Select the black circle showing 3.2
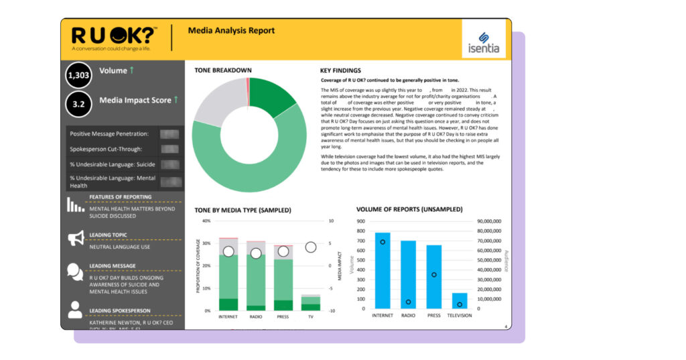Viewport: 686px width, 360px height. pos(78,105)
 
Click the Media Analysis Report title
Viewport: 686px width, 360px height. pos(231,31)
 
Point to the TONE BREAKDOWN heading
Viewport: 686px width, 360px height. pos(223,70)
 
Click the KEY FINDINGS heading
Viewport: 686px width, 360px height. pos(340,70)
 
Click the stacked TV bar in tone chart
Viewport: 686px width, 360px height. pos(310,303)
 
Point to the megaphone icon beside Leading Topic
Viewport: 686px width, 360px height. pos(76,238)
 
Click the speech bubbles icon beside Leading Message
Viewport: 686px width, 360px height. pos(76,271)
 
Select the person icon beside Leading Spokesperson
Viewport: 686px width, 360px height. pos(76,309)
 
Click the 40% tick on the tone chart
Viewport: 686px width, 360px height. pos(206,221)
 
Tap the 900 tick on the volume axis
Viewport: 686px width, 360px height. pos(360,221)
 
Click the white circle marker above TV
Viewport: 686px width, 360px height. pos(311,247)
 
